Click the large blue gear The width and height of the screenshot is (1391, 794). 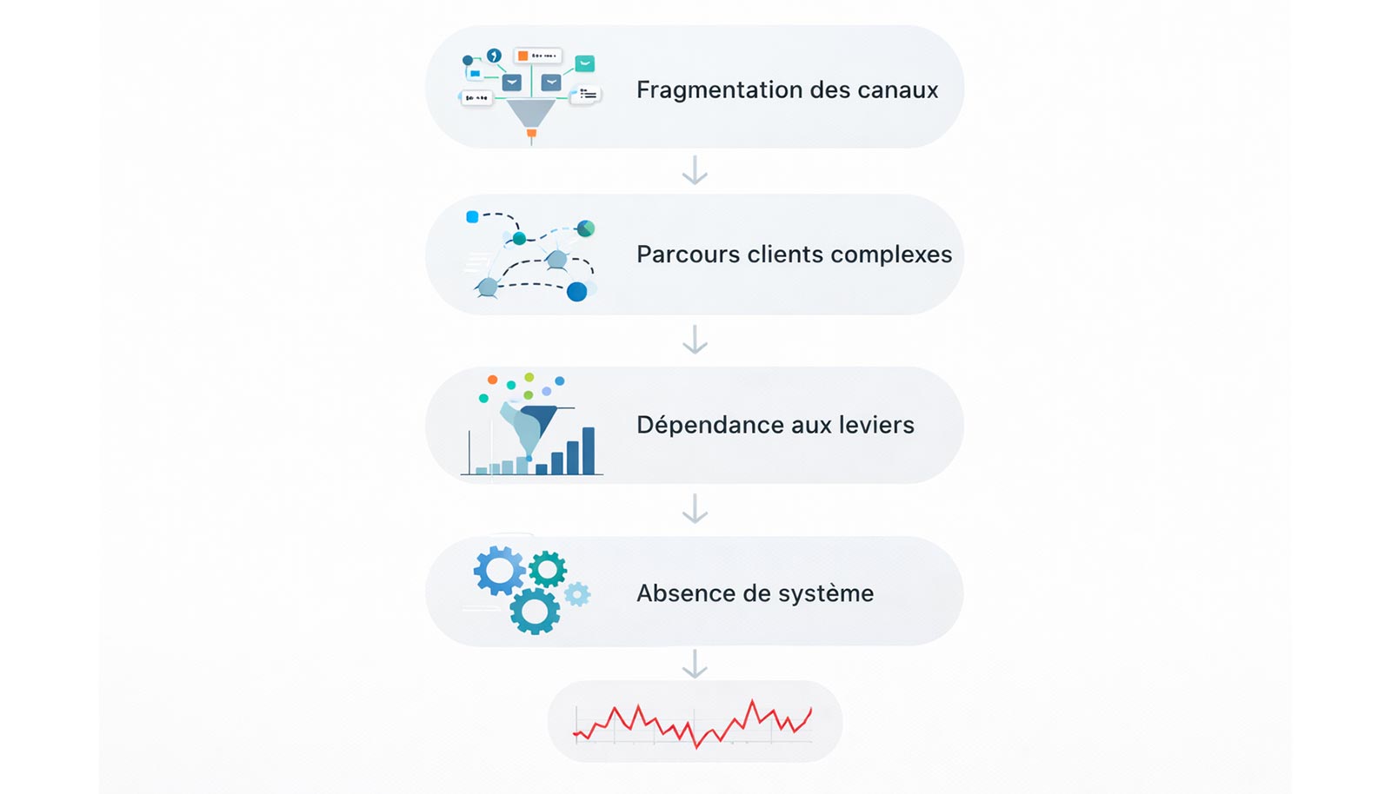click(499, 570)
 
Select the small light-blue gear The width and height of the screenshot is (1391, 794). click(576, 594)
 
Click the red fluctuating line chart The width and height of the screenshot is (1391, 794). click(694, 722)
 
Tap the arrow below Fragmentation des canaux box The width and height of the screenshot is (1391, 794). click(695, 170)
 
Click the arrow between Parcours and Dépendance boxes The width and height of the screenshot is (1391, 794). click(695, 340)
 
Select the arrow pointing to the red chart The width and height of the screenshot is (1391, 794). click(695, 664)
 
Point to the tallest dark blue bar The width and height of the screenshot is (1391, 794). click(589, 450)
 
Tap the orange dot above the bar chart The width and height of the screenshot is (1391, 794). click(492, 380)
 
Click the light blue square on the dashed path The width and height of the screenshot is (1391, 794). click(472, 217)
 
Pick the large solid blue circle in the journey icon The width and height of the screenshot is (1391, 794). click(576, 292)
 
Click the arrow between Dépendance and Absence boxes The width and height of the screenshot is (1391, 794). click(695, 509)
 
